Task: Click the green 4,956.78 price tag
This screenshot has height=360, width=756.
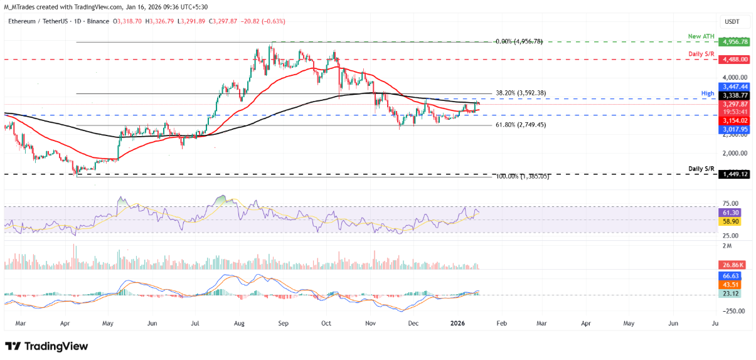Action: point(735,42)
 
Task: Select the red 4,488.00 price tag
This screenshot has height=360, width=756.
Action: point(735,59)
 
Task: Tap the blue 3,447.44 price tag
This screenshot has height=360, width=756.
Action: point(735,87)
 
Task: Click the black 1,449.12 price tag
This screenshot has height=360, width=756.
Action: point(735,174)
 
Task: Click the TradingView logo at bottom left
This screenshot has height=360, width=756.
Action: point(47,346)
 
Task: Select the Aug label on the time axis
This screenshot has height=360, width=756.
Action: point(239,324)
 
